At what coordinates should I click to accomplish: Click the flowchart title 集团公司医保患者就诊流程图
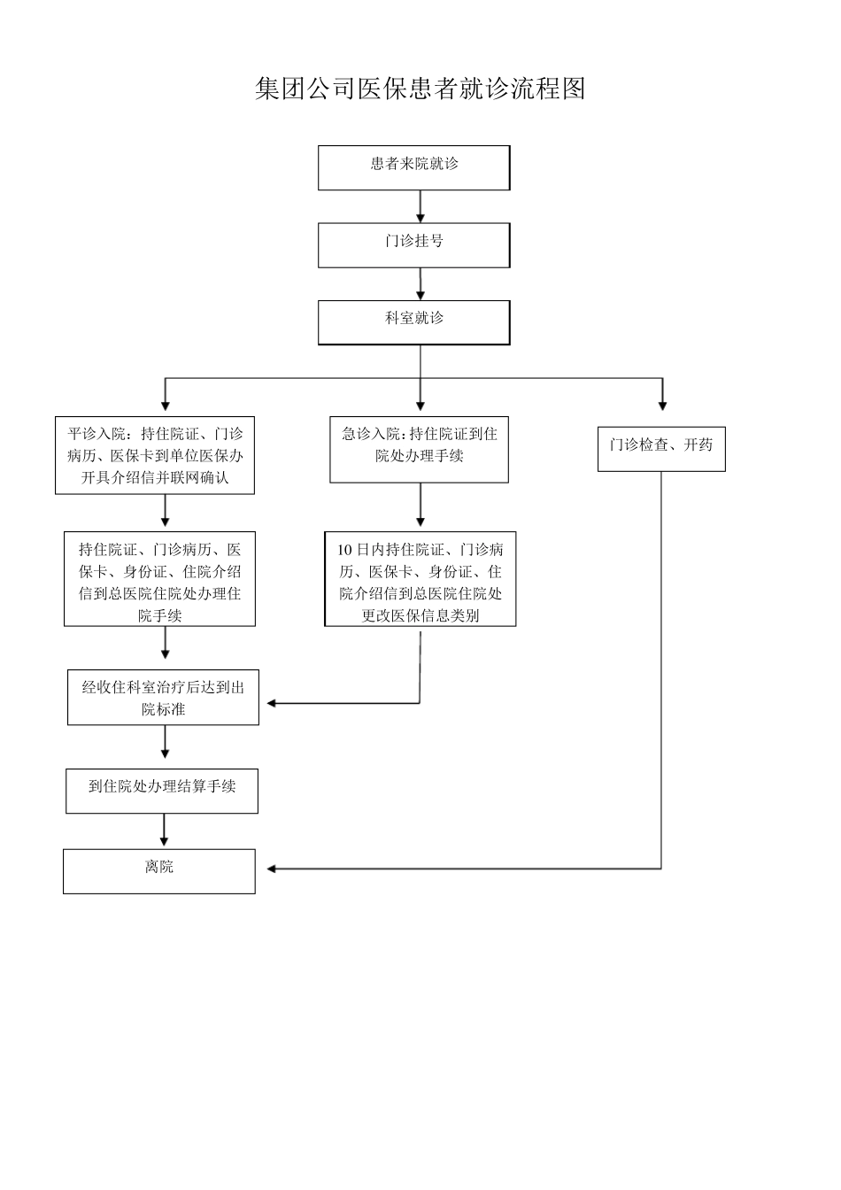420,89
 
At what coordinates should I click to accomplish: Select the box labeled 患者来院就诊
413,167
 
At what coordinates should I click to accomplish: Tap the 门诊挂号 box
413,244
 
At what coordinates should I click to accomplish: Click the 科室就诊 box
413,322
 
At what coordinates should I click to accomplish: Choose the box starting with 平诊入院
155,455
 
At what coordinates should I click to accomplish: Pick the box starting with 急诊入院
419,450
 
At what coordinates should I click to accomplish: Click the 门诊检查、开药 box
660,450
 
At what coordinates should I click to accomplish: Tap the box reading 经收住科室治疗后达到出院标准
163,697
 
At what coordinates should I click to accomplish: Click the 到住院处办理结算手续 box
162,790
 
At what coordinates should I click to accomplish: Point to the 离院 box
159,870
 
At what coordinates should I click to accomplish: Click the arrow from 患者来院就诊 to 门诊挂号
420,206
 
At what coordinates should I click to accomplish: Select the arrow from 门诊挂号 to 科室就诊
420,284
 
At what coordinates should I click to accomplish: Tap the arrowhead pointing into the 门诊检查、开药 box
661,405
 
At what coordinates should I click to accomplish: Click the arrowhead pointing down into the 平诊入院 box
165,405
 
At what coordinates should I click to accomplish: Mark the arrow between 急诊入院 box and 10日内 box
420,507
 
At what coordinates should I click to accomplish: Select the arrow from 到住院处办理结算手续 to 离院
164,831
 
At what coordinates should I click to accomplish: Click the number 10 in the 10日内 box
344,550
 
